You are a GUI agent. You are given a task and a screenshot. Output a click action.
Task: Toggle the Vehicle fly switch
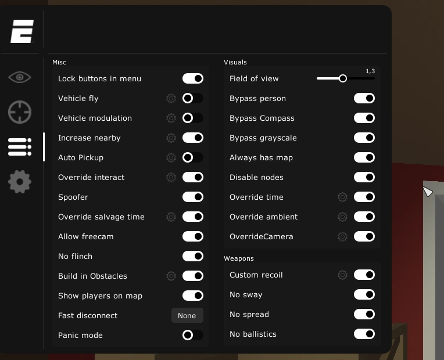point(193,98)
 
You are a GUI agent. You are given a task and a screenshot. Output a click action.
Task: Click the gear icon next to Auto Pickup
point(171,157)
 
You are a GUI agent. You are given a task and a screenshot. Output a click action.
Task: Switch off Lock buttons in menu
point(193,78)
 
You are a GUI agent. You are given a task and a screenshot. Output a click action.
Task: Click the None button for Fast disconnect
point(187,315)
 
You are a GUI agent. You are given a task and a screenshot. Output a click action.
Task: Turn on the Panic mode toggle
point(193,335)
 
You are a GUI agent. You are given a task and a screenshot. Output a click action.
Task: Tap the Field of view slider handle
point(343,78)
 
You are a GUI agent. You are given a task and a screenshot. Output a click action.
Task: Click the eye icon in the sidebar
point(20,77)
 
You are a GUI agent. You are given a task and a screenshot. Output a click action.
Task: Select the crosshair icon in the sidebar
point(20,112)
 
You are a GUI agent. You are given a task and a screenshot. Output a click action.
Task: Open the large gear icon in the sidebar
point(20,182)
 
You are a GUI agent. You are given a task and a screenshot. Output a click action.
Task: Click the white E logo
point(22,31)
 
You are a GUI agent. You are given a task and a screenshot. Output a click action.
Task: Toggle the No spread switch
point(364,314)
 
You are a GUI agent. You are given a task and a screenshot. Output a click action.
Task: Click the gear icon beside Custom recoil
point(342,275)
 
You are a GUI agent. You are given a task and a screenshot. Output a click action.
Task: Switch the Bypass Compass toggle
point(364,118)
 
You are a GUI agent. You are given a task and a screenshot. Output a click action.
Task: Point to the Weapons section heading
point(239,258)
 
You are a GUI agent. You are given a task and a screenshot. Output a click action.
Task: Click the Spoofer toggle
point(193,197)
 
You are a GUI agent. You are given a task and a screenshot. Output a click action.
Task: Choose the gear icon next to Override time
point(342,197)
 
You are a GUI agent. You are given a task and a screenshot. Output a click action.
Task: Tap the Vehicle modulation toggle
point(193,118)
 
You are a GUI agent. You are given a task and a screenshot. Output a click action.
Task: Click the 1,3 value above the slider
point(370,71)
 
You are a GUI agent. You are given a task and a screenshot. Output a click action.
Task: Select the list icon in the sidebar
point(20,147)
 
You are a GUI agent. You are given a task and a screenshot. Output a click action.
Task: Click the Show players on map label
point(100,296)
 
